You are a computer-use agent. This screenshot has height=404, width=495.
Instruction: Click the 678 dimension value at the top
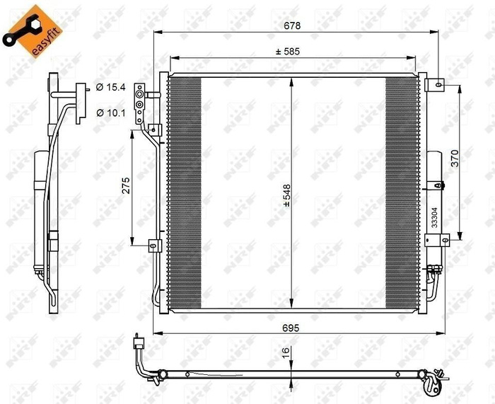pyautogui.click(x=293, y=25)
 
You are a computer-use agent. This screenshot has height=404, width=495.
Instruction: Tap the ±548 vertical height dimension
pyautogui.click(x=287, y=195)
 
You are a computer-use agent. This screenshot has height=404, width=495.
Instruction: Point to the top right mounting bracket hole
pyautogui.click(x=439, y=84)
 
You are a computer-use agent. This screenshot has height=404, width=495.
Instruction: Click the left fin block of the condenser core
pyautogui.click(x=185, y=191)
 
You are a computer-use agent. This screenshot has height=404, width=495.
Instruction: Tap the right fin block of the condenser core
pyautogui.click(x=402, y=191)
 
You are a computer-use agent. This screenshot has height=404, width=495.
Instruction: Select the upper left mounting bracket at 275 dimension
pyautogui.click(x=153, y=129)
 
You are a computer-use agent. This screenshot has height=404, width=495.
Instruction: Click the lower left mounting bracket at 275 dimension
pyautogui.click(x=153, y=246)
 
